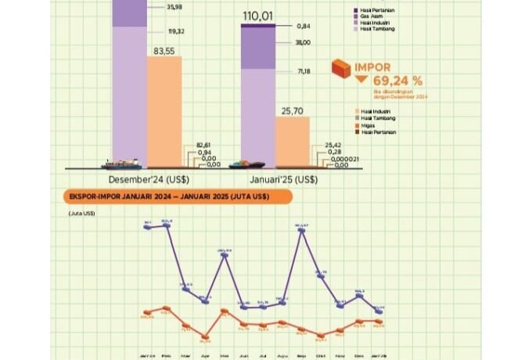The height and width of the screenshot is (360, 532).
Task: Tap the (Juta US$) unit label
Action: [x=81, y=212]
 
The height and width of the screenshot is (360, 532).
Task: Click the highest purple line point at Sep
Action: [x=300, y=229]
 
